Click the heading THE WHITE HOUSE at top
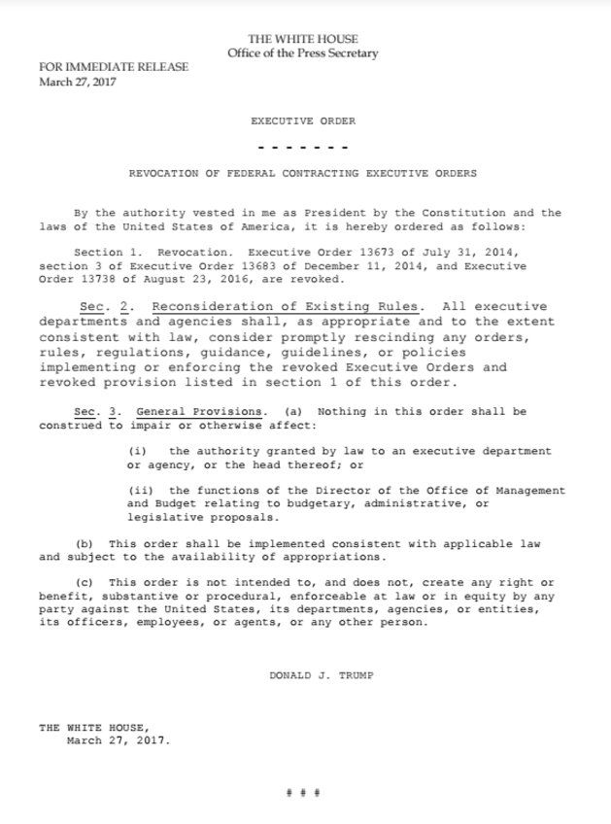click(x=303, y=38)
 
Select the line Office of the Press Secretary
click(x=303, y=52)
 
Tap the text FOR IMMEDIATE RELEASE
click(x=114, y=67)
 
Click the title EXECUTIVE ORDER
click(x=303, y=121)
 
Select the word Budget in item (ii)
click(x=172, y=503)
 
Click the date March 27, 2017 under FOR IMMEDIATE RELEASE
click(x=77, y=82)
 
